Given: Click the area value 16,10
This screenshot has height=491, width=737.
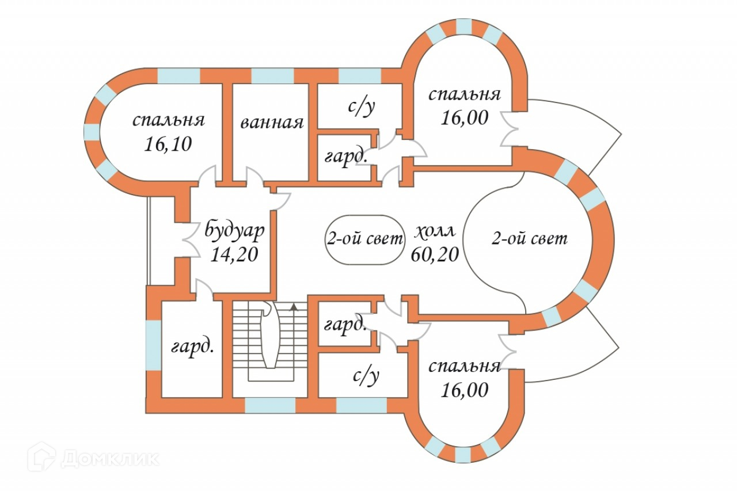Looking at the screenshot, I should pos(169,144).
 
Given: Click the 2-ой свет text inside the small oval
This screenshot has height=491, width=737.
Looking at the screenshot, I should pos(363,239).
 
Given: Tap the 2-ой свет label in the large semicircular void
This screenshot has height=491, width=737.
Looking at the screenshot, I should pos(529,238).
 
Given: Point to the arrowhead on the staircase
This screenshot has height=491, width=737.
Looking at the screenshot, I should pos(295,307).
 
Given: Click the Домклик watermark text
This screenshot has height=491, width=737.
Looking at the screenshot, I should pos(109,458).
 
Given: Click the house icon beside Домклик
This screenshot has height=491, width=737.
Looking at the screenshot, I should pos(41,456).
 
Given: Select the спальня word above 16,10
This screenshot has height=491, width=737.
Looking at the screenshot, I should pos(169,120).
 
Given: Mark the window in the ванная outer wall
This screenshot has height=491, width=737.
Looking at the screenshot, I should pos(272,76).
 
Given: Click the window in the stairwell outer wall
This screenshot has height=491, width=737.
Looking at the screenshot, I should pos(270,406).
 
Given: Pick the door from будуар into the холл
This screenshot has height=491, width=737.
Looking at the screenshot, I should pos(280,197).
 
